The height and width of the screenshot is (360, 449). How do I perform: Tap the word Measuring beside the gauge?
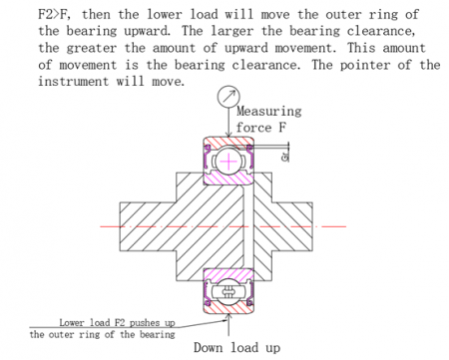[269, 112]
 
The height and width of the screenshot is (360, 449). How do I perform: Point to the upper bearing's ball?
[228, 160]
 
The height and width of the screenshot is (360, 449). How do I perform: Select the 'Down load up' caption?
[229, 347]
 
